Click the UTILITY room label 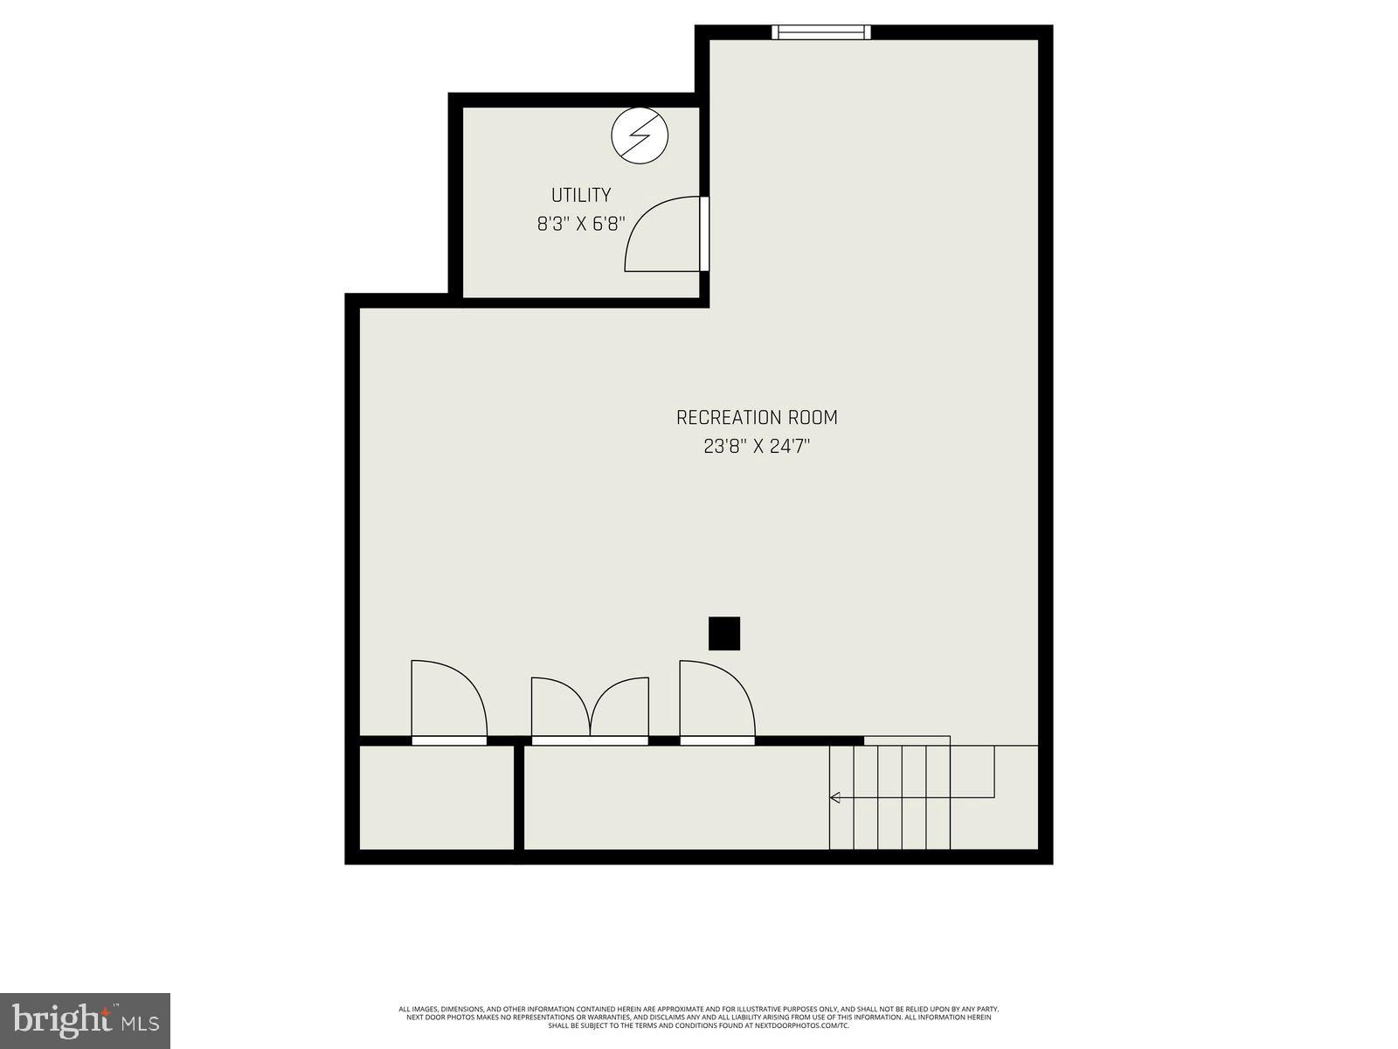click(x=580, y=195)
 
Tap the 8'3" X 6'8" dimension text click(x=580, y=224)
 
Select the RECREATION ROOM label click(x=757, y=418)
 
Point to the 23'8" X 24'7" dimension click(x=757, y=447)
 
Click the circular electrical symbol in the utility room click(x=640, y=135)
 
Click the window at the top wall click(x=821, y=32)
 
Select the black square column click(x=724, y=634)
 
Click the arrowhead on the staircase click(x=834, y=797)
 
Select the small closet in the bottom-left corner click(x=437, y=796)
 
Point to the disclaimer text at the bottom click(x=699, y=1017)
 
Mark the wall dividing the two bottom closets click(x=519, y=796)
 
